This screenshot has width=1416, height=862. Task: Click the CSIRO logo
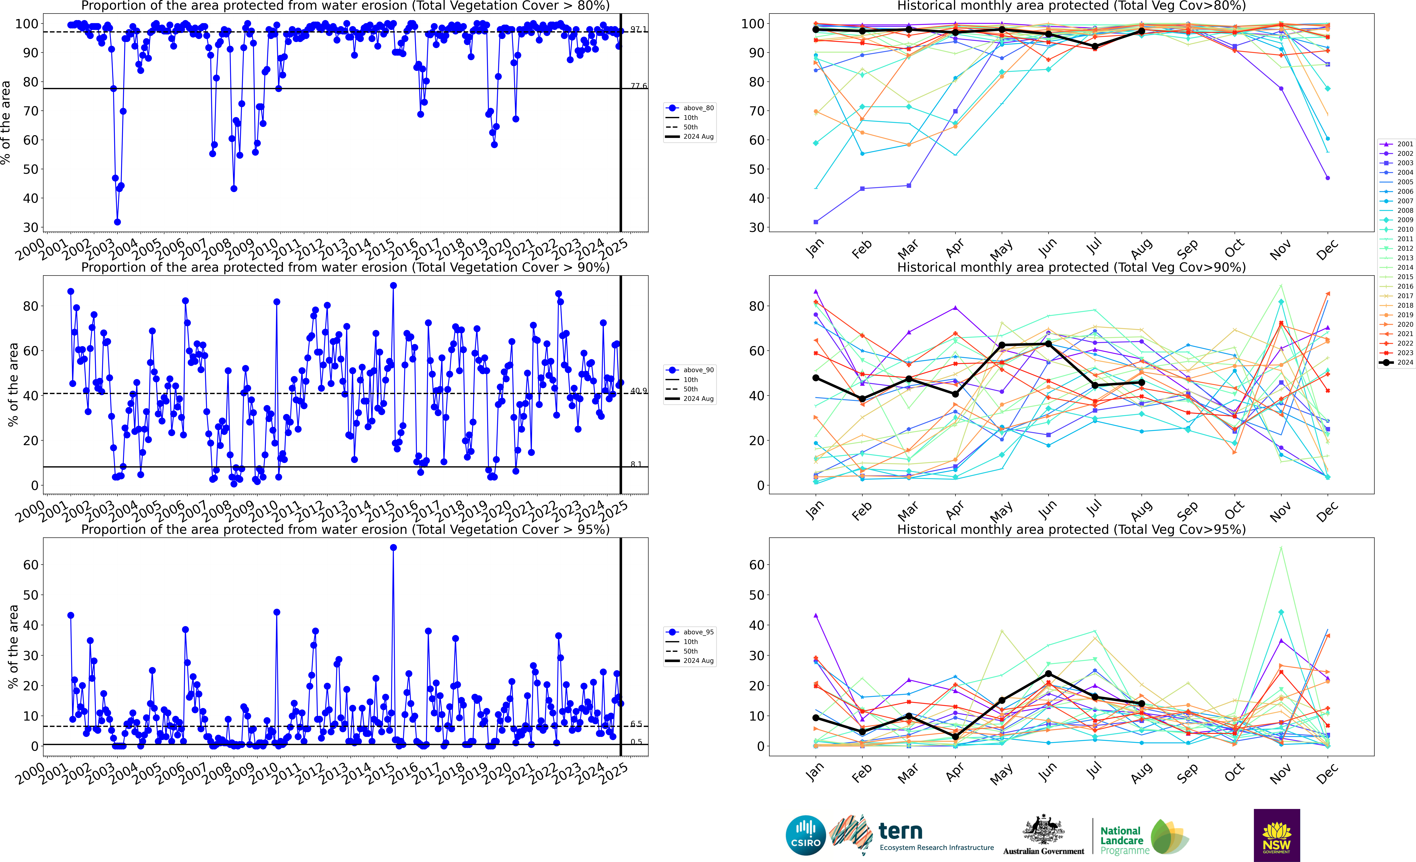(x=806, y=835)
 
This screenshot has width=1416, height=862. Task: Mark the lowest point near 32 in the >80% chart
(x=117, y=222)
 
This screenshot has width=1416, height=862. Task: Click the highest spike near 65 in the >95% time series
(x=393, y=548)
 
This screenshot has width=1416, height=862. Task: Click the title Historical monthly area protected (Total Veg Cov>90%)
(x=1071, y=267)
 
